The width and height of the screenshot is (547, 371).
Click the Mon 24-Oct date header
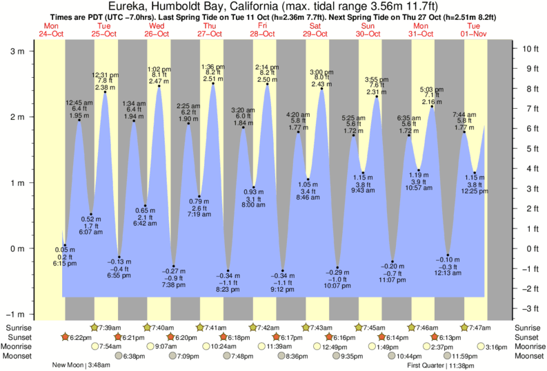[x=52, y=30]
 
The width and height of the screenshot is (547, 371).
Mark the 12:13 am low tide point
[x=448, y=255]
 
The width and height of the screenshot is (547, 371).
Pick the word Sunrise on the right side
[x=528, y=327]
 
